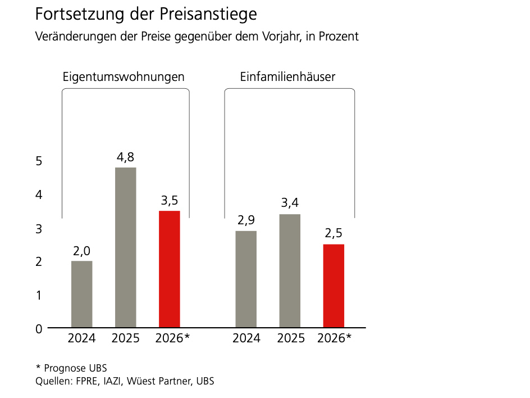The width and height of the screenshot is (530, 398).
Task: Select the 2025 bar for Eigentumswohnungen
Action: (126, 247)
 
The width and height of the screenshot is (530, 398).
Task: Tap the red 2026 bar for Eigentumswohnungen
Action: (170, 269)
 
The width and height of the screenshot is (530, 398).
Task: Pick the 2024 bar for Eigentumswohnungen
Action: (82, 294)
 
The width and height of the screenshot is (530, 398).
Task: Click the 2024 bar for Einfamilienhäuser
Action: (246, 279)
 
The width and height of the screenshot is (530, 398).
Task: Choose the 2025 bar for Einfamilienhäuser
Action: (290, 270)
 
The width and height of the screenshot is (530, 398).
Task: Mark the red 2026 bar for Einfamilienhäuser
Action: (334, 286)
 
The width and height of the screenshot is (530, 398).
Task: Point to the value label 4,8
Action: (126, 157)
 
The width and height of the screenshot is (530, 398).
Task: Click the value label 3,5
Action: (170, 201)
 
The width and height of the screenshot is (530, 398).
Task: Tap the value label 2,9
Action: (246, 221)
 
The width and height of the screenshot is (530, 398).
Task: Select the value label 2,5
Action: (334, 234)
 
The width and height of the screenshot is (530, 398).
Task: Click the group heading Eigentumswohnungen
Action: (124, 77)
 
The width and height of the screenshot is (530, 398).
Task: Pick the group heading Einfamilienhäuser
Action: (287, 77)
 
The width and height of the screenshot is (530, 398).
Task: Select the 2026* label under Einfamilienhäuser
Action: (334, 338)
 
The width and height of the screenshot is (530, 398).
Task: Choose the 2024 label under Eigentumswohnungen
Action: (82, 338)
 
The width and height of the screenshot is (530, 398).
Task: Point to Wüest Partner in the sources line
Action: (159, 382)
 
